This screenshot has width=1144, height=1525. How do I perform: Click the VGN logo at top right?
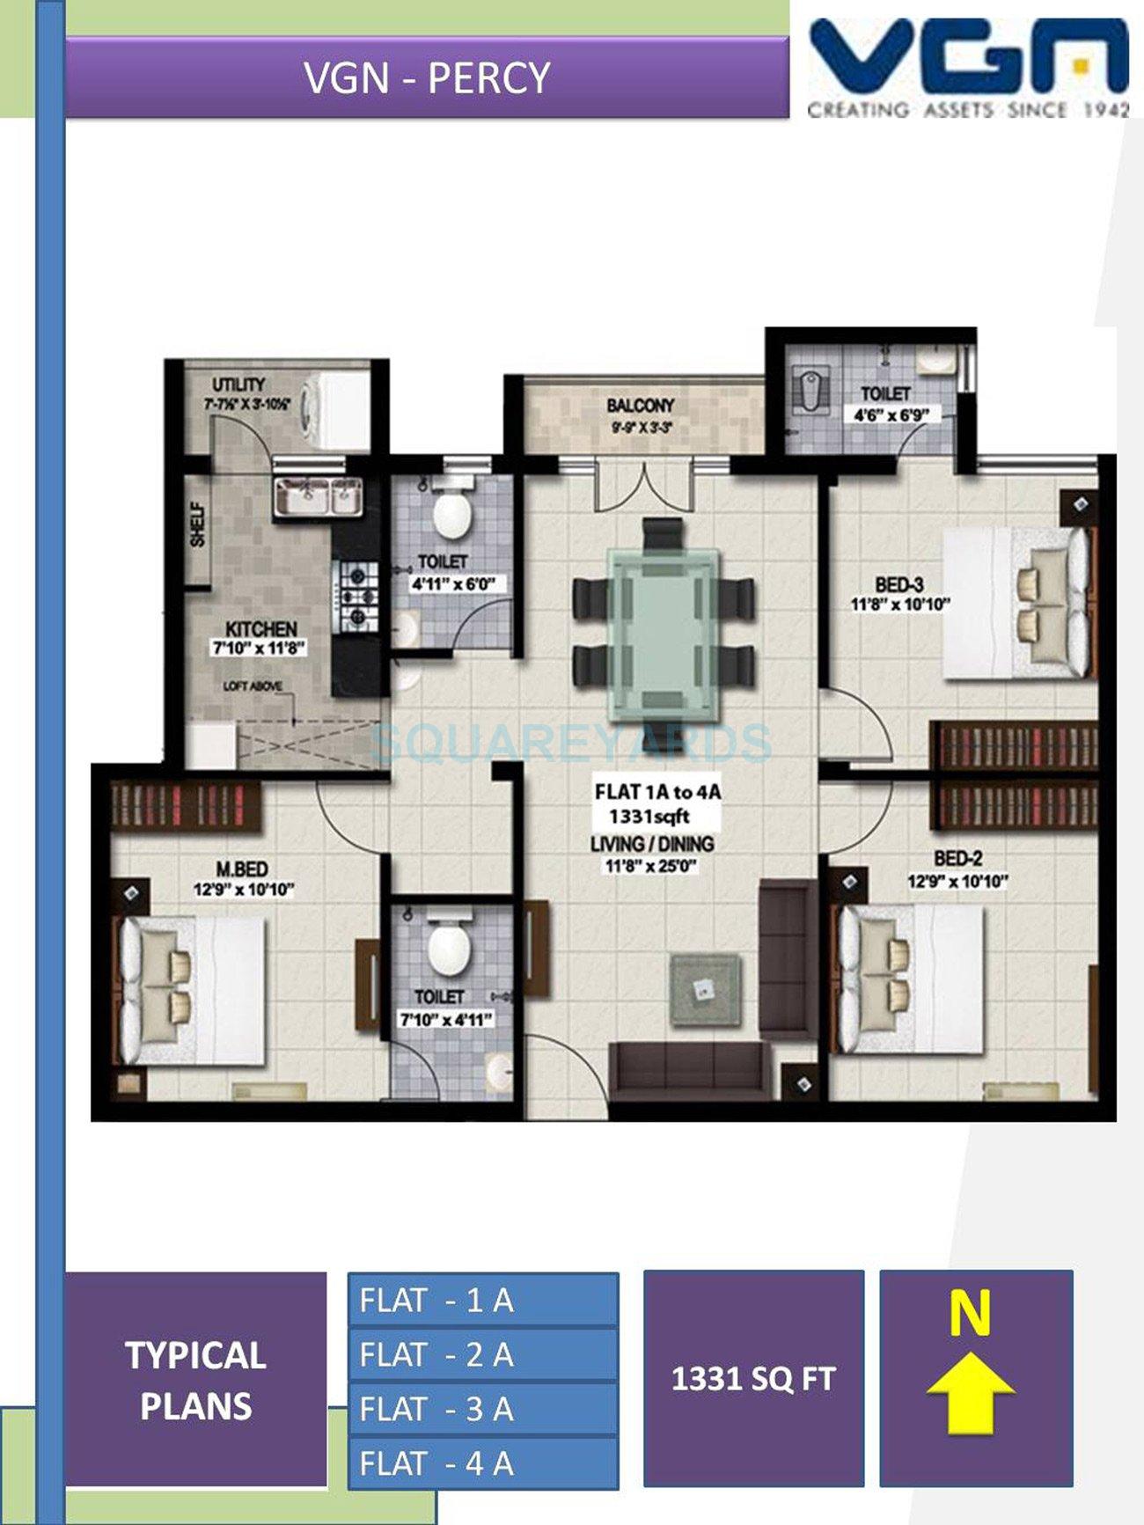pyautogui.click(x=968, y=60)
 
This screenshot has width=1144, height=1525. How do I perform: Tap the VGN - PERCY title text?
pyautogui.click(x=427, y=78)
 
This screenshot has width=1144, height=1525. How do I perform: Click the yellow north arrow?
pyautogui.click(x=970, y=1392)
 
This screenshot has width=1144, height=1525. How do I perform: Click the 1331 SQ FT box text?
pyautogui.click(x=753, y=1378)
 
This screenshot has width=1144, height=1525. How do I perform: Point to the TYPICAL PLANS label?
pyautogui.click(x=195, y=1380)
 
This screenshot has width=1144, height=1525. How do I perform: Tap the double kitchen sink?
pyautogui.click(x=318, y=498)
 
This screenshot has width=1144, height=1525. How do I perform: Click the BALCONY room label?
pyautogui.click(x=640, y=406)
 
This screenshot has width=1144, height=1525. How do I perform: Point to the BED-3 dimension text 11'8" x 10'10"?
pyautogui.click(x=899, y=605)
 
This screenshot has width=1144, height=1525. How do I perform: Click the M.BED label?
pyautogui.click(x=242, y=869)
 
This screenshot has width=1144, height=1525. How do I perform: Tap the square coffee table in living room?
pyautogui.click(x=704, y=990)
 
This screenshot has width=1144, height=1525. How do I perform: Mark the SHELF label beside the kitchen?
pyautogui.click(x=197, y=524)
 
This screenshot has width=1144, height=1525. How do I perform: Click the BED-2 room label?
pyautogui.click(x=957, y=858)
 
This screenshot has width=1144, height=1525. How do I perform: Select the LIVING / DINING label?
pyautogui.click(x=652, y=844)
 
